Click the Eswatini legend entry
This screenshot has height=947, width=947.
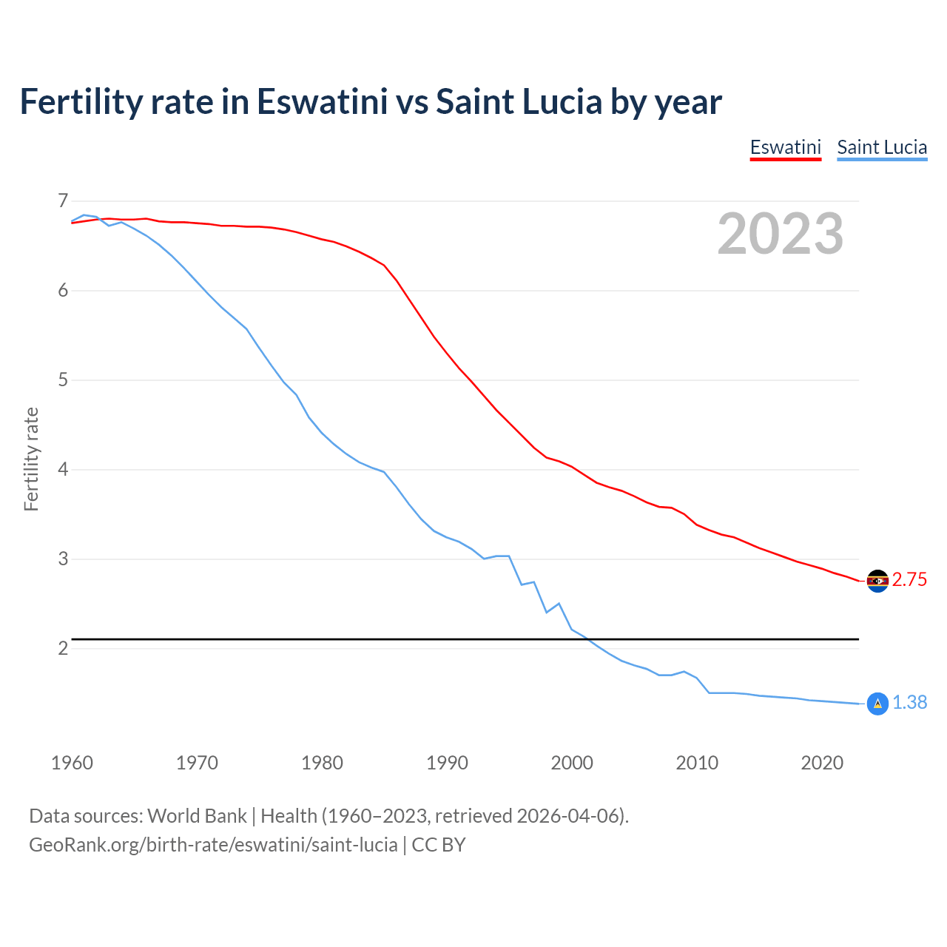pyautogui.click(x=785, y=147)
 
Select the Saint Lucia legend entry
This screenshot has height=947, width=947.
pyautogui.click(x=881, y=147)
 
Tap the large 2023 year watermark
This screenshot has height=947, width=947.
pyautogui.click(x=780, y=234)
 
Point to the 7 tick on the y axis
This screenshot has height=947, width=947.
pyautogui.click(x=62, y=200)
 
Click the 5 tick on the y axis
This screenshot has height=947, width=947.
pyautogui.click(x=62, y=380)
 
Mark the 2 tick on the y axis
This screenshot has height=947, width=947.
pyautogui.click(x=62, y=649)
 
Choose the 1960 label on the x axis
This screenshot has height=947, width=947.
pyautogui.click(x=72, y=763)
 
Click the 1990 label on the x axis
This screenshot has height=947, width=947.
pyautogui.click(x=447, y=763)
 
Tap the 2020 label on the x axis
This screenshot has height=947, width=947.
pyautogui.click(x=822, y=763)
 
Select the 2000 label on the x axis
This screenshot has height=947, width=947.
pyautogui.click(x=572, y=763)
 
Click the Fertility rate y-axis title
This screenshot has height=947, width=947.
pyautogui.click(x=31, y=459)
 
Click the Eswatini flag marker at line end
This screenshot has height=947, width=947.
pyautogui.click(x=877, y=581)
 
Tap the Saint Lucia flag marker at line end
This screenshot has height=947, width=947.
pyautogui.click(x=877, y=704)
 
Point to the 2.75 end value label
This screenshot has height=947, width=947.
pyautogui.click(x=909, y=580)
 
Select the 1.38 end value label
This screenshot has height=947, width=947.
pyautogui.click(x=909, y=703)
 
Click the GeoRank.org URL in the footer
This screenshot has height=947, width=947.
pyautogui.click(x=213, y=845)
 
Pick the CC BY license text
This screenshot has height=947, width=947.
pyautogui.click(x=439, y=845)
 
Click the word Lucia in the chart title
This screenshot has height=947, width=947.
pyautogui.click(x=562, y=102)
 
